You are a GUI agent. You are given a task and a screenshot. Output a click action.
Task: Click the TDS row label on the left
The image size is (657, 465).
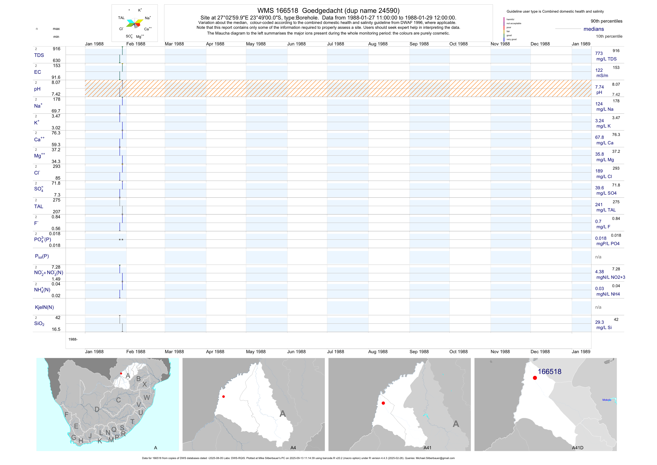[39, 55]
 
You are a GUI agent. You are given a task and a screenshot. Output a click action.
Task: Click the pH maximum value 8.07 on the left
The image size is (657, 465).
[56, 82]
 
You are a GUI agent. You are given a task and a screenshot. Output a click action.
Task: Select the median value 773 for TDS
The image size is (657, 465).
[599, 54]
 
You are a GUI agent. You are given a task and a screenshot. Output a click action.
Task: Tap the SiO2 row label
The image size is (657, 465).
[39, 324]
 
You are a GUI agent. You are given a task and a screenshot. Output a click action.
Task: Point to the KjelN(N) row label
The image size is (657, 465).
[44, 307]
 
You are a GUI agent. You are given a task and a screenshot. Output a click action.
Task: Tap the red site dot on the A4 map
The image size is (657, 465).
[223, 397]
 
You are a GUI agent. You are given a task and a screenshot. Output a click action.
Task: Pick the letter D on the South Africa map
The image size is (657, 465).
[97, 409]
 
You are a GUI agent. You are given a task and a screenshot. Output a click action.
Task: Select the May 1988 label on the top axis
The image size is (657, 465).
[256, 44]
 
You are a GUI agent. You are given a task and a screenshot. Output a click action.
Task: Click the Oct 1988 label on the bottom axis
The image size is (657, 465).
[459, 352]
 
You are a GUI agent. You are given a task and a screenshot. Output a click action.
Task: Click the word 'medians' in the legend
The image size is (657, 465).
[593, 29]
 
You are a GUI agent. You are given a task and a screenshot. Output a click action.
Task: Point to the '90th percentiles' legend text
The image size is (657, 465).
[606, 21]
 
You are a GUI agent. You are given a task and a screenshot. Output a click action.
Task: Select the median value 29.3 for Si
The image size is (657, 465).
[599, 322]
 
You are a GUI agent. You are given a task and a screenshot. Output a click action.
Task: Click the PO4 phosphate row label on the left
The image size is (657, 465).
[42, 239]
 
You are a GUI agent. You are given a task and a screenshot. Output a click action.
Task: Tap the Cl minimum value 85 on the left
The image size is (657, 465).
[58, 178]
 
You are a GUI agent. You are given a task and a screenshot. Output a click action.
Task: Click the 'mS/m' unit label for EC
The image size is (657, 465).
[602, 76]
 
